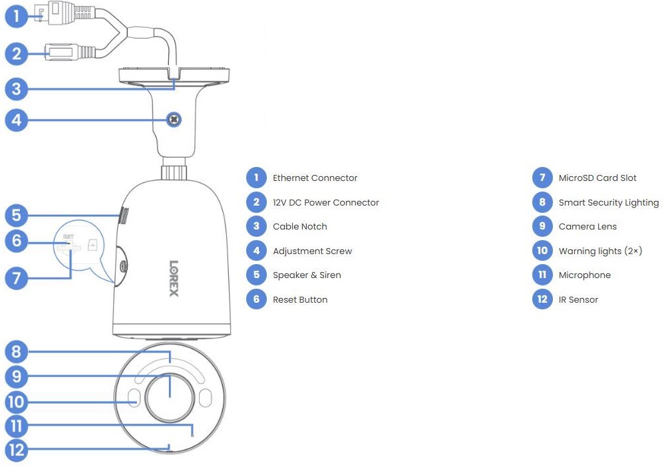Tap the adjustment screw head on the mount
(x=174, y=120)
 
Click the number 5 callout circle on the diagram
(x=17, y=216)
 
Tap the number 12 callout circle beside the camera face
(x=17, y=450)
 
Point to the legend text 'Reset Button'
(x=300, y=299)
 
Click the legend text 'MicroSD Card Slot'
(x=597, y=178)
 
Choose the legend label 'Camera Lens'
(x=587, y=226)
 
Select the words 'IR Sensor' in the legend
(x=578, y=299)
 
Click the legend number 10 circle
(x=542, y=251)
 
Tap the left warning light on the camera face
(x=134, y=398)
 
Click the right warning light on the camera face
(x=205, y=398)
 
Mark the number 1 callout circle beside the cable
(x=17, y=16)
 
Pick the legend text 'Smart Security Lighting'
(x=609, y=202)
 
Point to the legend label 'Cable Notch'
(x=300, y=226)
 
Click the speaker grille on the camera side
(x=123, y=216)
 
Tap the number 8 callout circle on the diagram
(x=17, y=351)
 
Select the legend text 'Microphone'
(x=584, y=275)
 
